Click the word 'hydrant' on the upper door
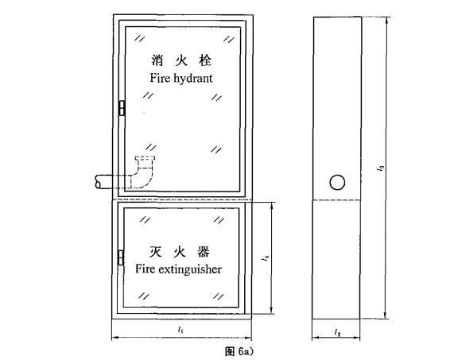(193, 79)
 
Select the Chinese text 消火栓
(181, 60)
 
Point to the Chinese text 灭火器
(180, 252)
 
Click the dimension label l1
(180, 330)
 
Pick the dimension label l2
(337, 333)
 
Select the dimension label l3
(381, 168)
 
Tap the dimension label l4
(266, 257)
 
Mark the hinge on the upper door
(122, 108)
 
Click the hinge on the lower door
(121, 257)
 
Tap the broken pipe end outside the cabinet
(98, 182)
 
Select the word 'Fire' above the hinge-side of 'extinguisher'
(145, 269)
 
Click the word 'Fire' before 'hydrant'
(160, 78)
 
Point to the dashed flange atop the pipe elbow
(145, 158)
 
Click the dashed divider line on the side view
(337, 200)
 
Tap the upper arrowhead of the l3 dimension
(387, 20)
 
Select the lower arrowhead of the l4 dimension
(271, 311)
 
